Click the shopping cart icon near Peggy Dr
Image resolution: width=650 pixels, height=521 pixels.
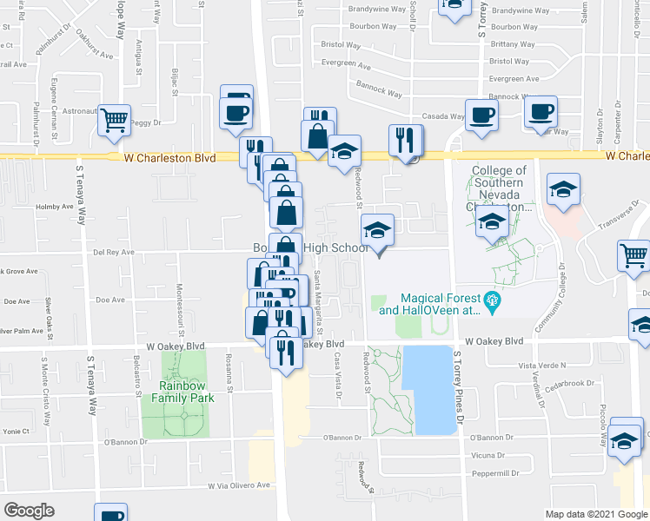[x=114, y=121]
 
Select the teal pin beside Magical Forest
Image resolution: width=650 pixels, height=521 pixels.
[x=494, y=303]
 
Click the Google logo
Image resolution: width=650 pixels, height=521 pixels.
[x=30, y=510]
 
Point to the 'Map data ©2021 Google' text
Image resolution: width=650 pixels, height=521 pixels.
[x=595, y=514]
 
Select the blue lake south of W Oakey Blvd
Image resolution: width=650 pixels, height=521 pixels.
[x=430, y=390]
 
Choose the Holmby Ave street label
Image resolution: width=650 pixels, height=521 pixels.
[x=56, y=207]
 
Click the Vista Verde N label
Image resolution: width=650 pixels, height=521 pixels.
[x=541, y=366]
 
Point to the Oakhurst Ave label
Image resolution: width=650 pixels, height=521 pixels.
[x=96, y=47]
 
